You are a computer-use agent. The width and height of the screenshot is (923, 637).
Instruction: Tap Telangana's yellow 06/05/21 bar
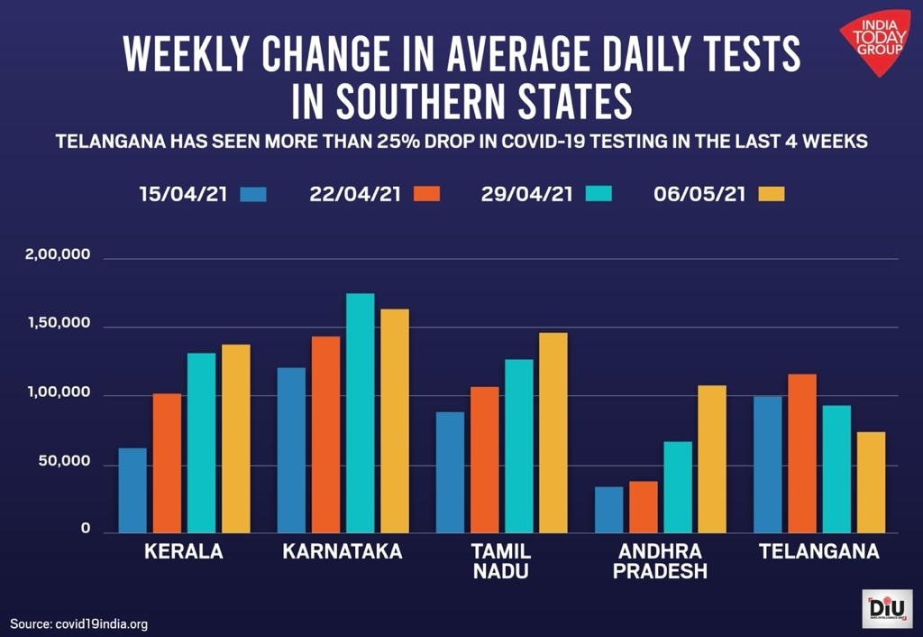coord(871,482)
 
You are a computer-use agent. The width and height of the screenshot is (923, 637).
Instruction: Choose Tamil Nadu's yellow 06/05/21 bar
coord(553,432)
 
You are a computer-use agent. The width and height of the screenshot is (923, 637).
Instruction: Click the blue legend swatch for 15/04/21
coord(254,194)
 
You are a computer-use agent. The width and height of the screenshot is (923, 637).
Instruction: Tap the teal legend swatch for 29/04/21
coord(599,194)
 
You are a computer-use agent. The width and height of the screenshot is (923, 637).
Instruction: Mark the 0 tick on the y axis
coord(87,530)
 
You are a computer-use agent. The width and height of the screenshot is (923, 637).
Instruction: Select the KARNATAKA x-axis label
coord(343,551)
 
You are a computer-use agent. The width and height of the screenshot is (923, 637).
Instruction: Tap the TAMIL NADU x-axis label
coord(501,561)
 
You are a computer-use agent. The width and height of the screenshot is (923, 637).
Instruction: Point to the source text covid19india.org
coord(78,623)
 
